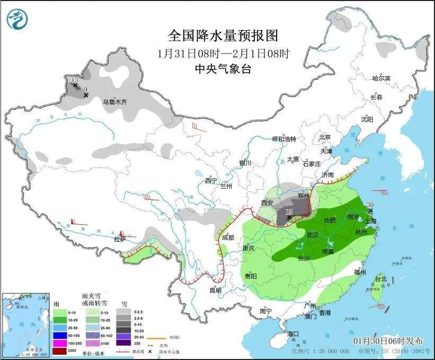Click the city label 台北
[x=380, y=278]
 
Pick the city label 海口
[x=294, y=333]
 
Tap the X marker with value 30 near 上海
[x=370, y=211]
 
